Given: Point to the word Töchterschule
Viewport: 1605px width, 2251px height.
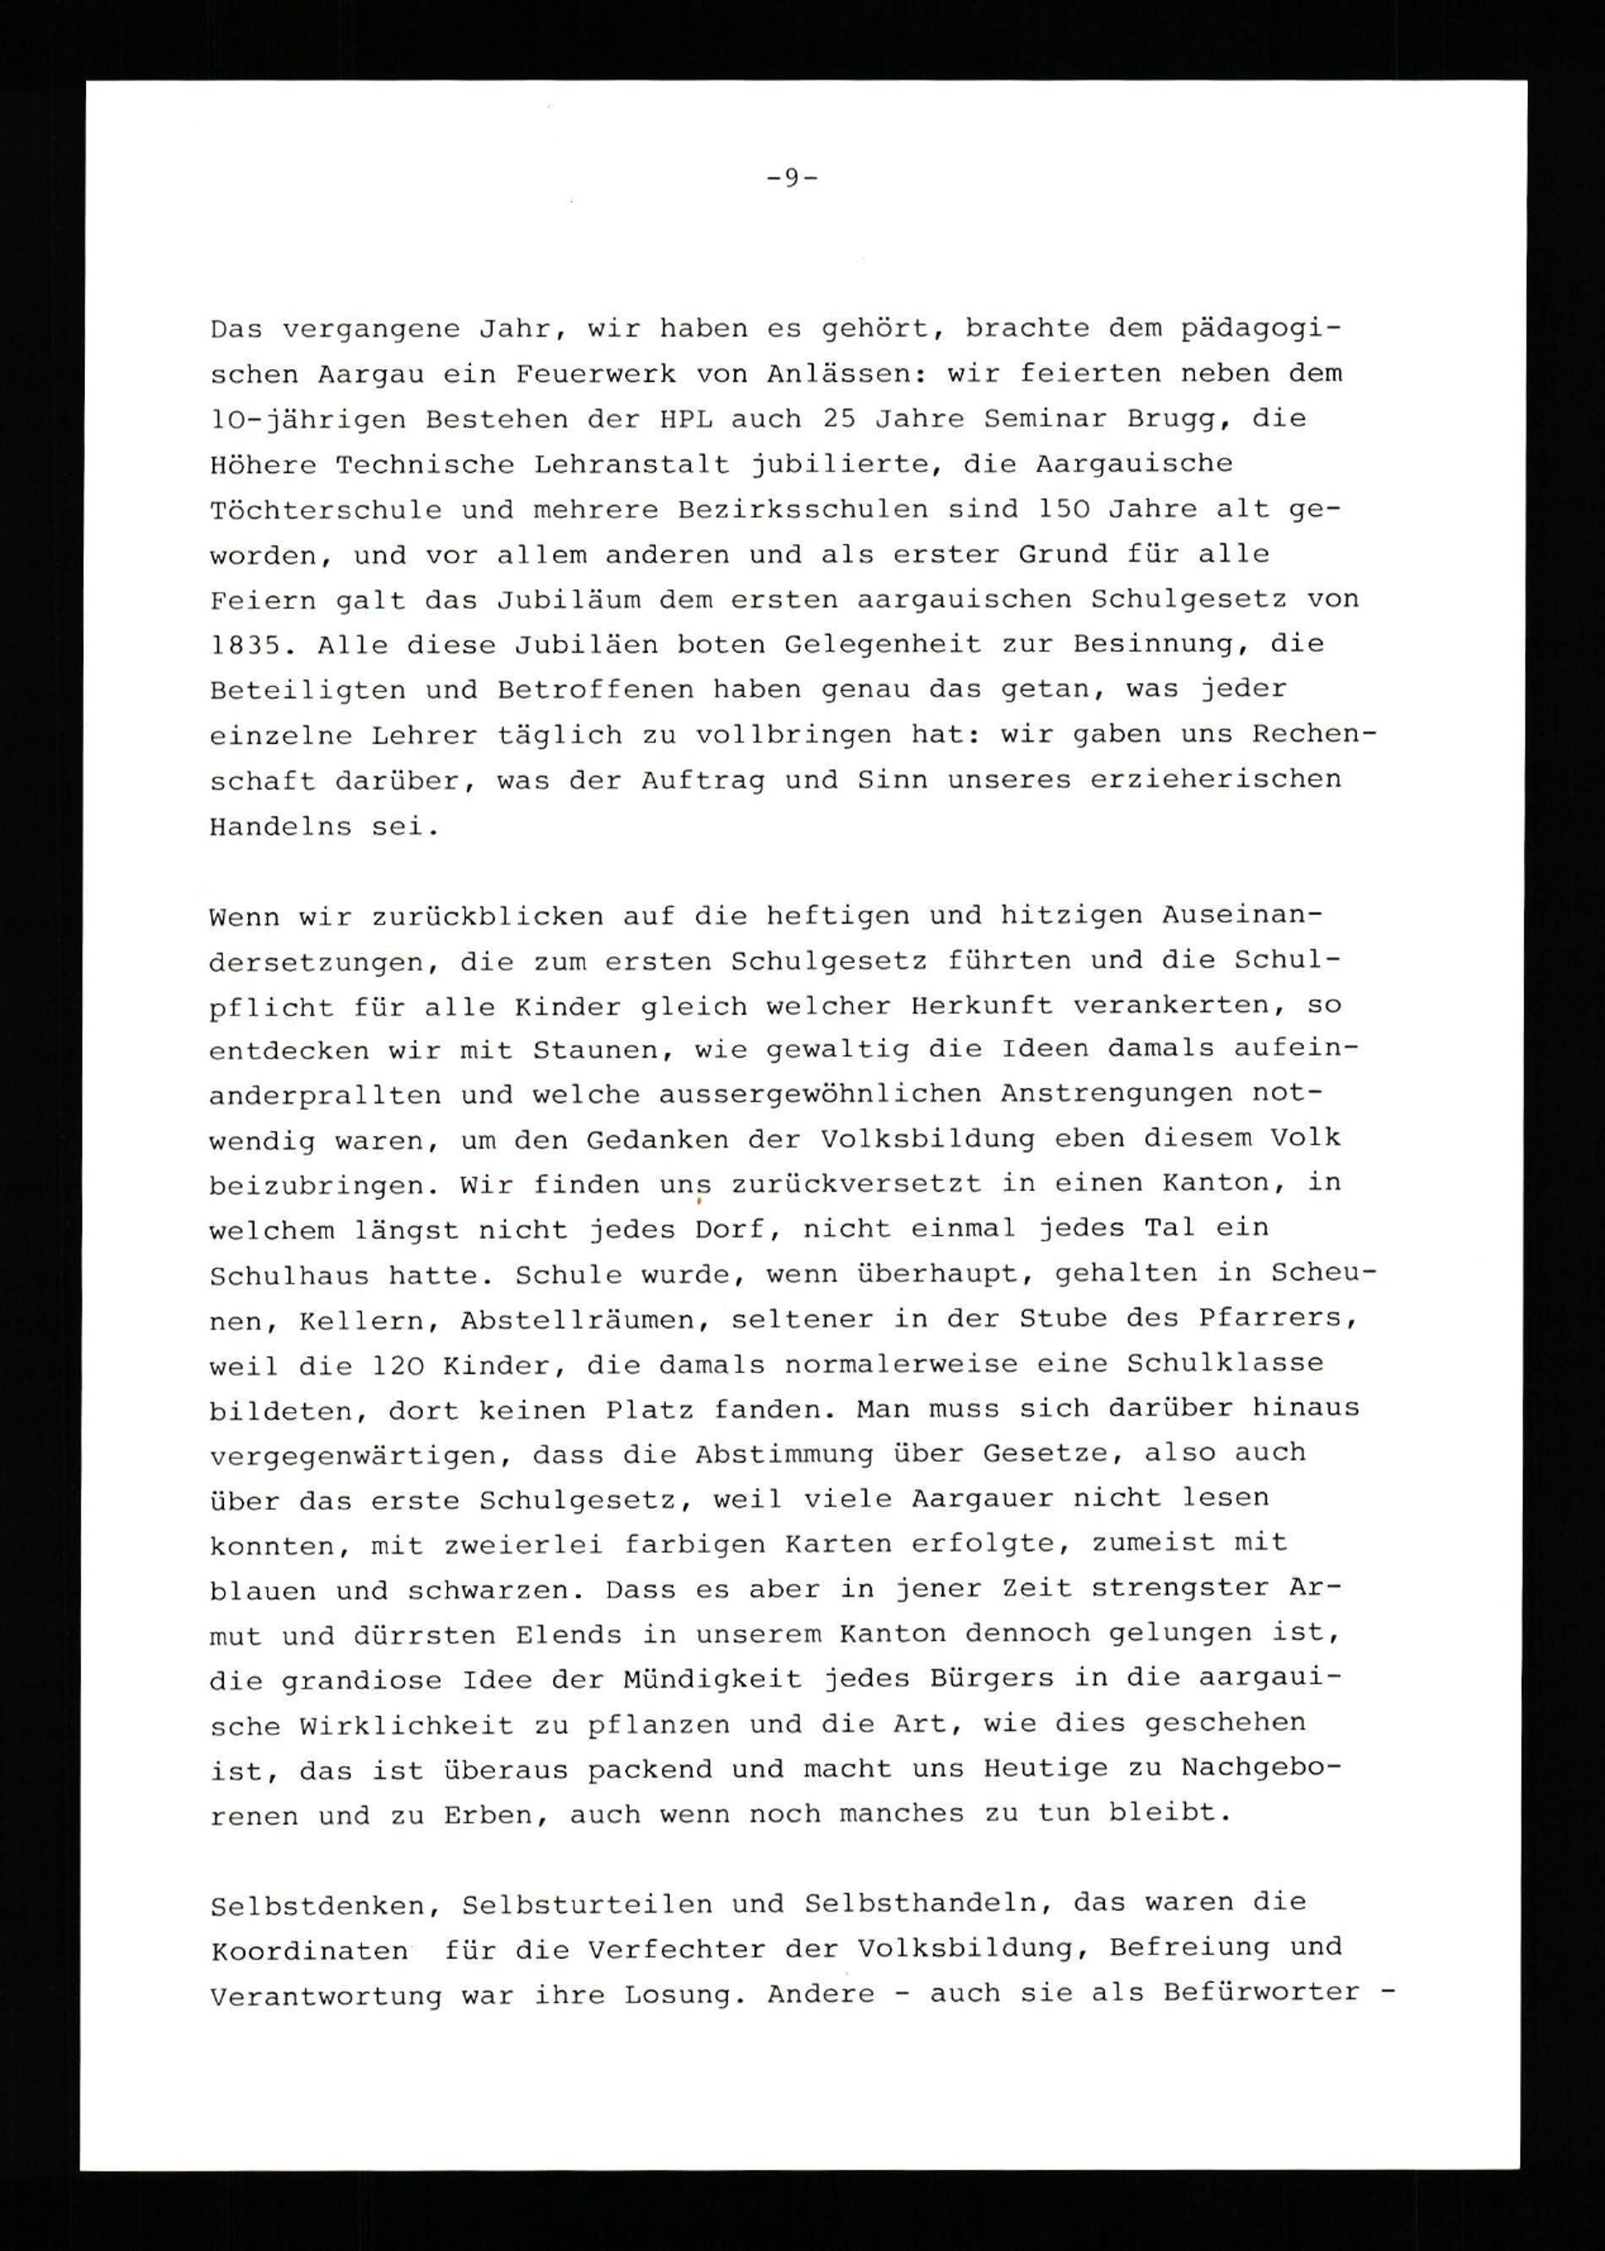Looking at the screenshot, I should (325, 510).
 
